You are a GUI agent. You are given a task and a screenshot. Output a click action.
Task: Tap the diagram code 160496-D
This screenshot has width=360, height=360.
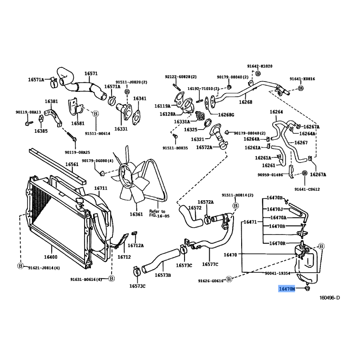click(330, 298)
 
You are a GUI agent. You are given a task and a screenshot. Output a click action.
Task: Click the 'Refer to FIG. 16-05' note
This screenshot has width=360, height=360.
click(157, 213)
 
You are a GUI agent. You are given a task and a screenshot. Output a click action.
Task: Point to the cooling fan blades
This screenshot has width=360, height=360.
click(131, 180)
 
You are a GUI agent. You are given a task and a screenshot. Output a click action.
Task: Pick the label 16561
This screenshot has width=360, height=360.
click(72, 165)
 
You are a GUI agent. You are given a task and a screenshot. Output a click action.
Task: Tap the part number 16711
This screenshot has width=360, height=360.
click(100, 188)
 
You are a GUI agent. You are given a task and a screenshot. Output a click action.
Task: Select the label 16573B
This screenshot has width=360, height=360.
click(163, 275)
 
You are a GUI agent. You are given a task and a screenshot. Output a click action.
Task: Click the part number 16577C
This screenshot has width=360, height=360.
click(210, 264)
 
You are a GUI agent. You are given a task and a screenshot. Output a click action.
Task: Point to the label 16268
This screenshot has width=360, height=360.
click(246, 102)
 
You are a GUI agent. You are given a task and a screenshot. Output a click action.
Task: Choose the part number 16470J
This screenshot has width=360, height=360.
click(274, 209)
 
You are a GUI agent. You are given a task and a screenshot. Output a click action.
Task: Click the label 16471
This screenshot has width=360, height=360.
click(250, 222)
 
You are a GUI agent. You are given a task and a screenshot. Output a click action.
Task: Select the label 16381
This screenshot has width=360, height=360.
click(51, 102)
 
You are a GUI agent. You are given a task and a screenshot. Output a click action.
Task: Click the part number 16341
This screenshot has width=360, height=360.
click(140, 99)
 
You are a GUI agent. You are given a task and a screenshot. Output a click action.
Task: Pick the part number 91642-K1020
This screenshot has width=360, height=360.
click(260, 66)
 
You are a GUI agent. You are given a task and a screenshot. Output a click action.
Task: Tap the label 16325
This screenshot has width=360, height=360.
click(191, 130)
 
